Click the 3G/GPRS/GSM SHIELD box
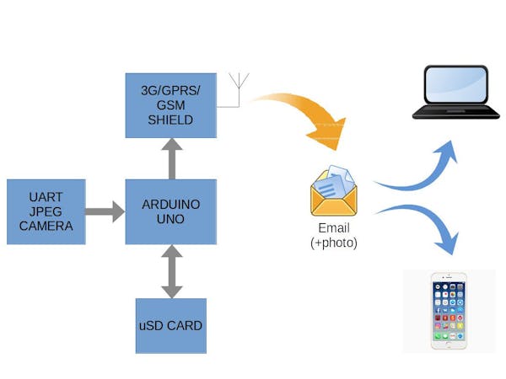click(171, 105)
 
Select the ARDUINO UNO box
click(171, 211)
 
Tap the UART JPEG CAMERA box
click(46, 211)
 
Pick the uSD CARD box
click(171, 325)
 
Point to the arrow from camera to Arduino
click(105, 211)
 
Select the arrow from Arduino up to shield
click(171, 158)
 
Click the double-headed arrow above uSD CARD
click(171, 271)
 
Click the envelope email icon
click(333, 191)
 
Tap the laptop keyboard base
click(455, 111)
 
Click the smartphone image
click(449, 310)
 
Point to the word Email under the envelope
click(334, 228)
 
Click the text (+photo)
click(334, 243)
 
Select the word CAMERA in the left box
click(46, 226)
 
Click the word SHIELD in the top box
click(171, 120)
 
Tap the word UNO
click(171, 219)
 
